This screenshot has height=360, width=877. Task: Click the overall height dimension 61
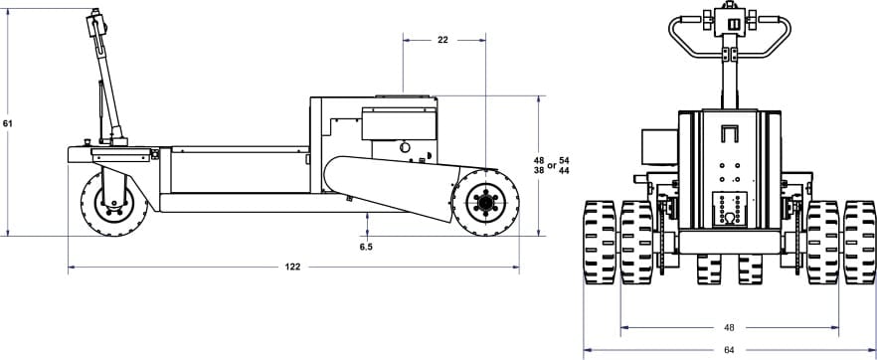click(x=7, y=123)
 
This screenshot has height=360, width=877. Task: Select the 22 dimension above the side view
click(x=443, y=40)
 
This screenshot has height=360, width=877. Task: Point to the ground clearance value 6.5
click(x=366, y=247)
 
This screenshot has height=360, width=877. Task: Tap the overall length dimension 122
click(x=292, y=268)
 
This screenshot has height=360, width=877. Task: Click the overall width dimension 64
click(x=729, y=350)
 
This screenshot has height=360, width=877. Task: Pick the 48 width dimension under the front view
click(x=729, y=327)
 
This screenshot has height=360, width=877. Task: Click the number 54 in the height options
click(x=564, y=160)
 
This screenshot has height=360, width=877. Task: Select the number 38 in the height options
click(x=539, y=170)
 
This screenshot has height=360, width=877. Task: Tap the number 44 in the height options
click(x=564, y=170)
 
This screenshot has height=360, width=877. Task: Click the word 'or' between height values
click(x=552, y=165)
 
